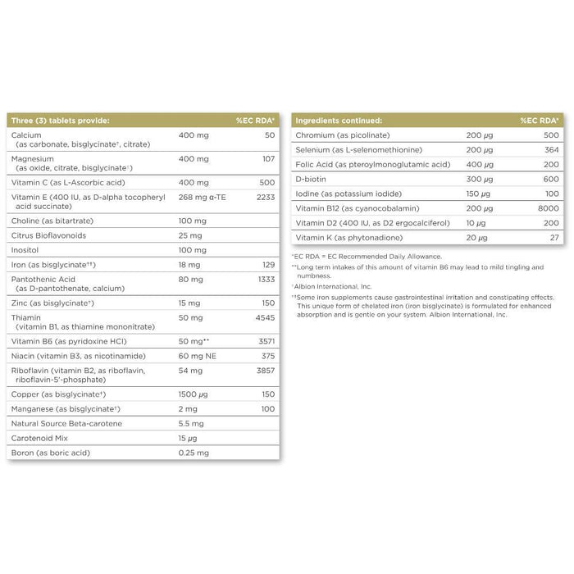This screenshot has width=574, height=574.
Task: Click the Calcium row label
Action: (x=27, y=134)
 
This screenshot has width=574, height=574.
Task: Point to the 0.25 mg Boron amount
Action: (x=194, y=452)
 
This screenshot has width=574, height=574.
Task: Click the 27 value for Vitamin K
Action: (x=554, y=237)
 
